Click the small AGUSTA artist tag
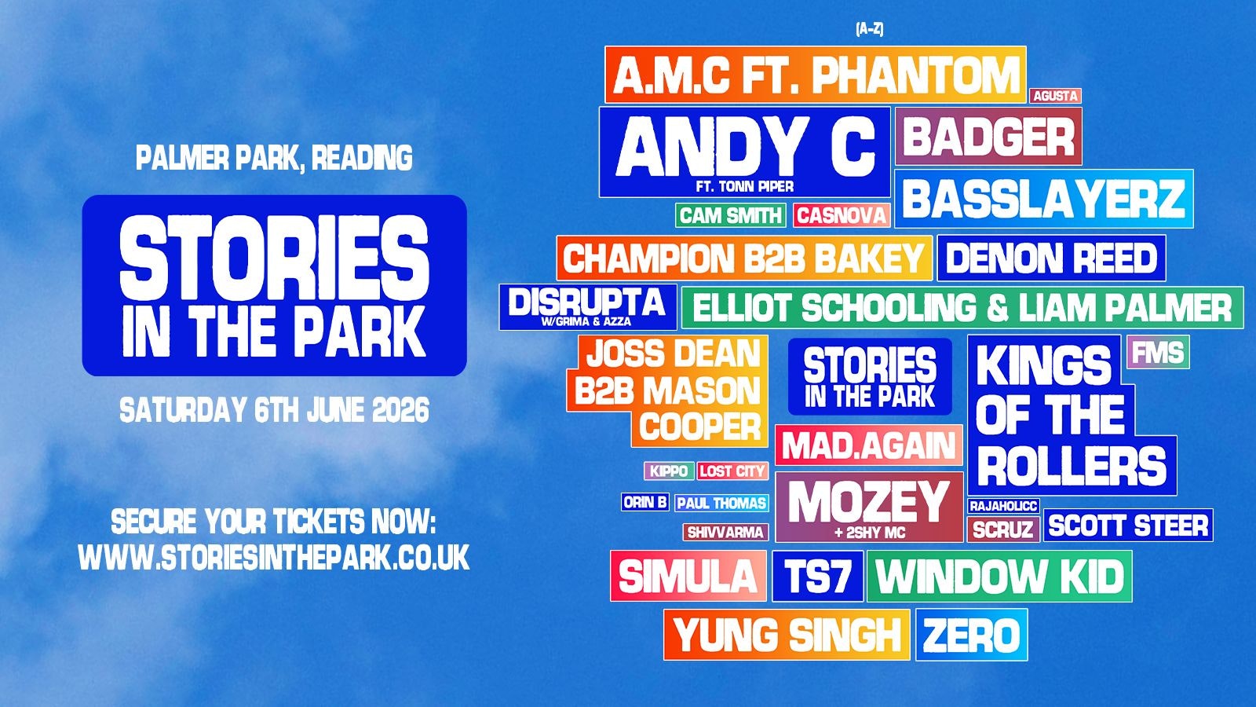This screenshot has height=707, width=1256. (1055, 96)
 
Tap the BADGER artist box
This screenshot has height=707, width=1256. (988, 137)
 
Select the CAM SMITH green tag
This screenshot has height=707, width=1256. (730, 215)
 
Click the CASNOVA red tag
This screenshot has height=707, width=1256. (842, 215)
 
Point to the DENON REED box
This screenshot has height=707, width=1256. (1051, 258)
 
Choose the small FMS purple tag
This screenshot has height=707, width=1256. (1158, 353)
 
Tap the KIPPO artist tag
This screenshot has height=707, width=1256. (668, 471)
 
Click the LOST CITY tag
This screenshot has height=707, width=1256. (732, 471)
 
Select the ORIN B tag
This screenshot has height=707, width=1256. (645, 502)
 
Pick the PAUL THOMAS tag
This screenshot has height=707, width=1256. (721, 504)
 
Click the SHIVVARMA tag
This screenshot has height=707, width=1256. (725, 533)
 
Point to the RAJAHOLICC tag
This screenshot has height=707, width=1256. (1003, 506)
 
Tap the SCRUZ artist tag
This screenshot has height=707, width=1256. (1002, 529)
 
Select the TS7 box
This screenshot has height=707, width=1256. (817, 577)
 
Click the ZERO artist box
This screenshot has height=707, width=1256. (971, 636)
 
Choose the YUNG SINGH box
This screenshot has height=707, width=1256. (787, 636)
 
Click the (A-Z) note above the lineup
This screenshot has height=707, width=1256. (869, 29)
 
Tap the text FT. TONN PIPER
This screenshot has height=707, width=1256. (744, 187)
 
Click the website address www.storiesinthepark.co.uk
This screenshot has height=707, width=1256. (274, 558)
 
